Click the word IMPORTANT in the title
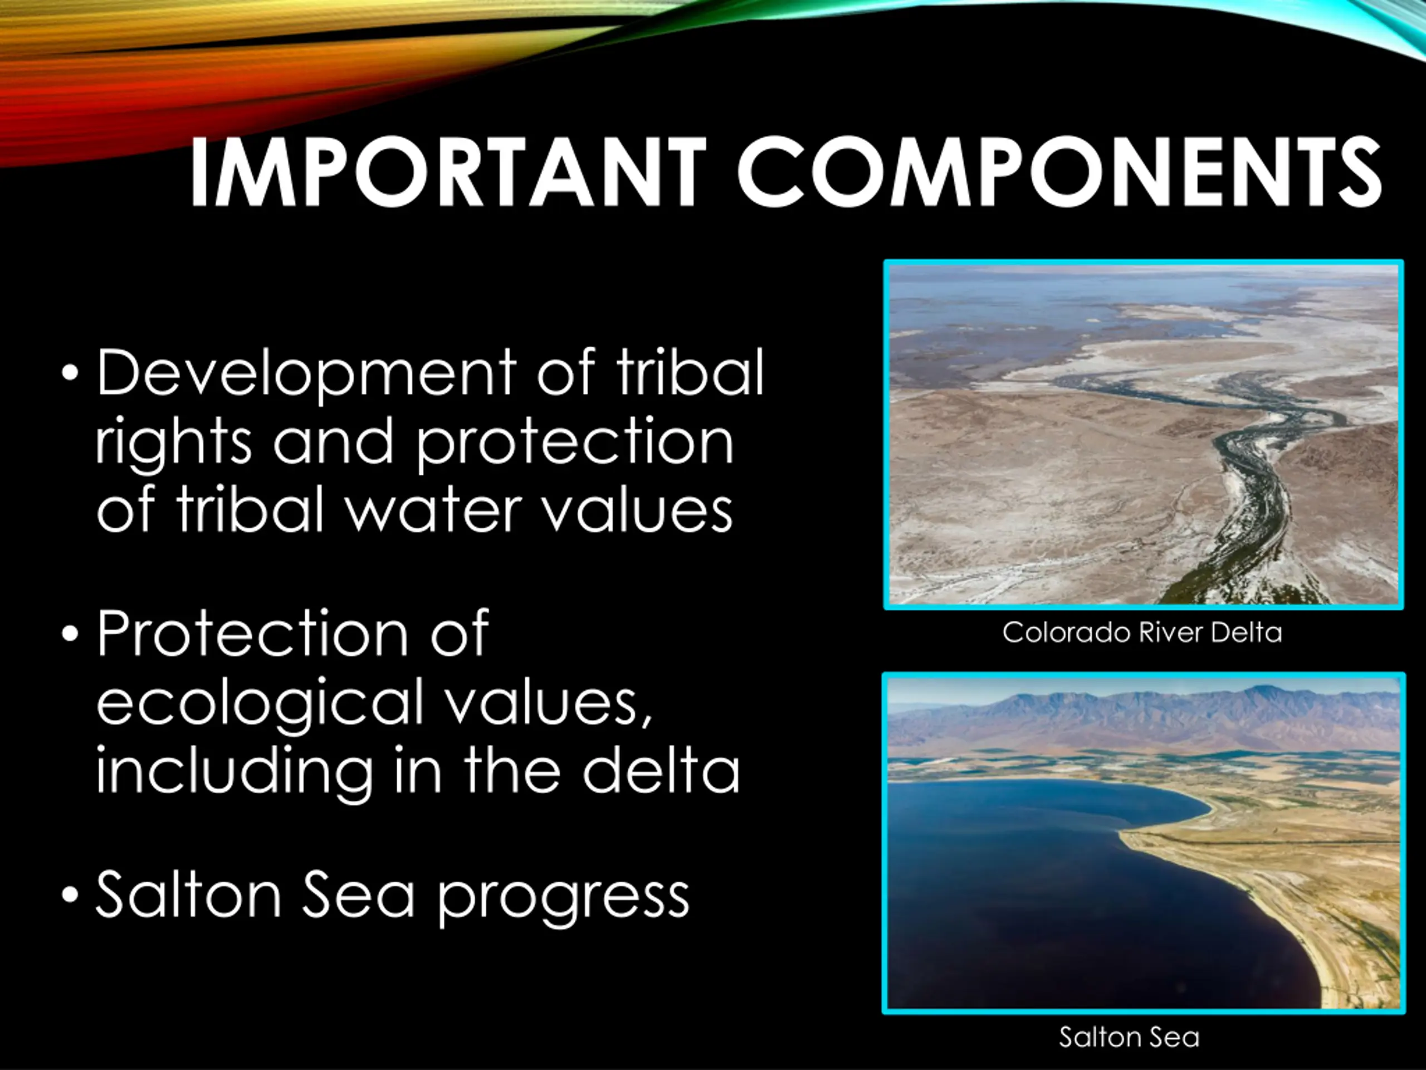coord(448,172)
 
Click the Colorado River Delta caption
coord(1142,633)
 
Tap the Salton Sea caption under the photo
coord(1130,1038)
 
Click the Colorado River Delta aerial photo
coord(1144,435)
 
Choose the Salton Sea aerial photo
coord(1144,842)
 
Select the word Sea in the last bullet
coord(358,894)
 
